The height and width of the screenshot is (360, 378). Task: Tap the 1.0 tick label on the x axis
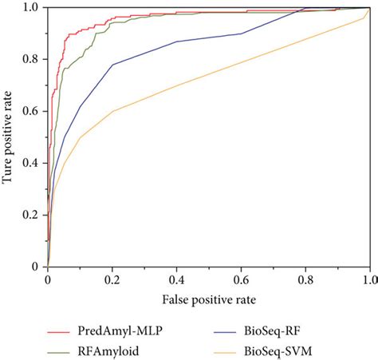coord(368,280)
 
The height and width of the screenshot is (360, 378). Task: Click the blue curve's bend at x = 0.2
coord(112,65)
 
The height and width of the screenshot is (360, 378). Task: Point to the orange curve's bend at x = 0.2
coord(112,111)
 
